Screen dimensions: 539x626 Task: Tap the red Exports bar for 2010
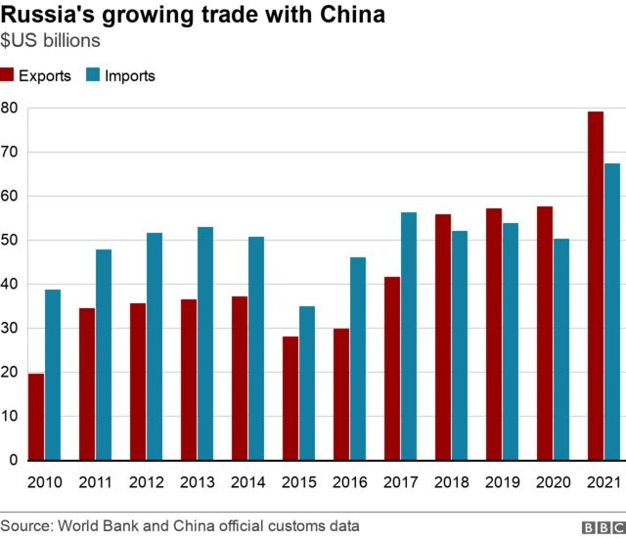[x=36, y=417]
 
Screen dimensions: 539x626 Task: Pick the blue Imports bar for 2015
[x=307, y=383]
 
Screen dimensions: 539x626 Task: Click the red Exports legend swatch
[x=8, y=75]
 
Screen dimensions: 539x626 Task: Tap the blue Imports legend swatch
[x=93, y=75]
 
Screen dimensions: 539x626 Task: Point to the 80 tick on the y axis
[x=10, y=108]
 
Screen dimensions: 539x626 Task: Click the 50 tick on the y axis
[x=10, y=240]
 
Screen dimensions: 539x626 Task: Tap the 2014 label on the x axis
[x=247, y=482]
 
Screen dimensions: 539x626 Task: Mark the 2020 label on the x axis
[x=552, y=482]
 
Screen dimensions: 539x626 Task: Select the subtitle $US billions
[x=50, y=42]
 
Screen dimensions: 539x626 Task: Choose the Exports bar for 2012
[x=138, y=382]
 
